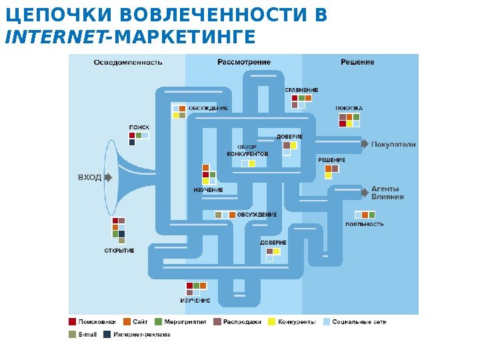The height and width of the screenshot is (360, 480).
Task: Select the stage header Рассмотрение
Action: click(244, 62)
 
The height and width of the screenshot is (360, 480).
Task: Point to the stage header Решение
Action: click(357, 62)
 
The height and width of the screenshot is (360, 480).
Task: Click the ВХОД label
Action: click(90, 178)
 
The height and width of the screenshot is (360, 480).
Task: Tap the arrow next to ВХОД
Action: click(109, 178)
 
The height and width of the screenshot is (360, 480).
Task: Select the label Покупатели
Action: click(393, 144)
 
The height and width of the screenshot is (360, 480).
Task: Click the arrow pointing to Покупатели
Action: click(365, 144)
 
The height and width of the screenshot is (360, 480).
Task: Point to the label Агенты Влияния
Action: click(387, 193)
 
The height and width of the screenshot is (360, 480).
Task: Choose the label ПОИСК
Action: click(139, 127)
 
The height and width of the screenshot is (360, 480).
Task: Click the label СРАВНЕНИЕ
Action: click(301, 90)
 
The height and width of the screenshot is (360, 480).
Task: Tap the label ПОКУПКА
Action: click(349, 108)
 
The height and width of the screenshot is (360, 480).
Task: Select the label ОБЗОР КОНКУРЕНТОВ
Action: click(247, 151)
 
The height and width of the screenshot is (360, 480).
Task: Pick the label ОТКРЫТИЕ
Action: click(119, 251)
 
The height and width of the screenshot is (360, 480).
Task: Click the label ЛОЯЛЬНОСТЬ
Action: click(365, 224)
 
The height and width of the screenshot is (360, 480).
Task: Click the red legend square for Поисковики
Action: click(72, 322)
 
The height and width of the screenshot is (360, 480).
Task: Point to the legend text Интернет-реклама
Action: click(141, 335)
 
